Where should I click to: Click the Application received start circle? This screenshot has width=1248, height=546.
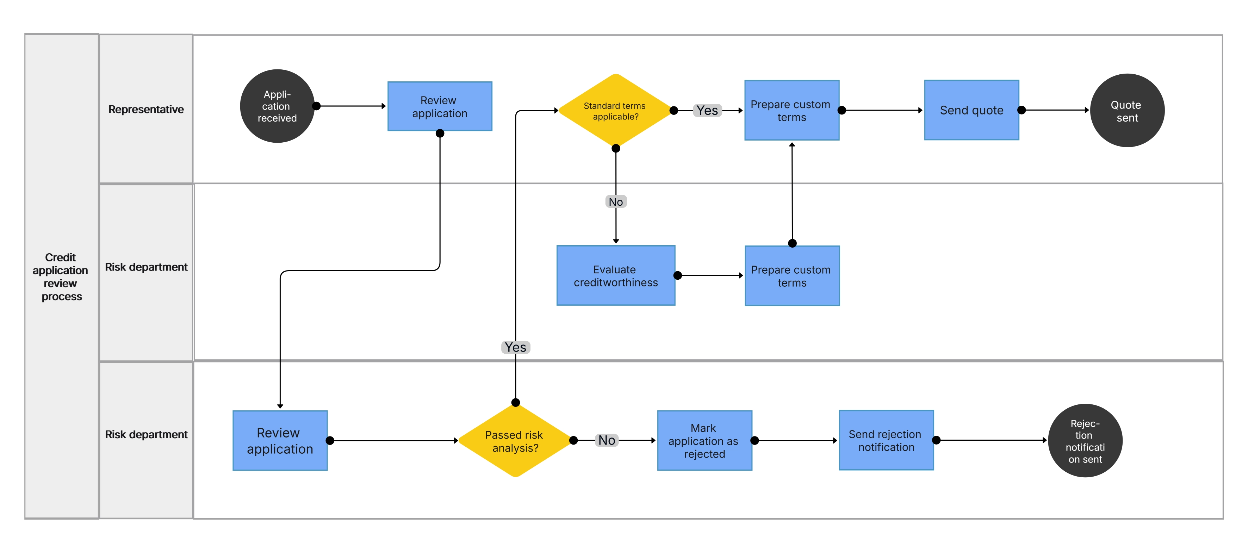(277, 106)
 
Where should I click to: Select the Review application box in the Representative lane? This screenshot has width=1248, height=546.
(439, 107)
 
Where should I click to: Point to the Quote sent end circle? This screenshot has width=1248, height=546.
(1127, 111)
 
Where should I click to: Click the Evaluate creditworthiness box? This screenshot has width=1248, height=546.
(615, 276)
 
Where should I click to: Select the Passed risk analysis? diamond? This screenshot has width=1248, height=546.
(515, 441)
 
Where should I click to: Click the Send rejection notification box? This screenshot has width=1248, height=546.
(886, 440)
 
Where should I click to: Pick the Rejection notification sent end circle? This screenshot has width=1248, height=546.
(1085, 441)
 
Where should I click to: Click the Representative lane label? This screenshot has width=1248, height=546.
(146, 110)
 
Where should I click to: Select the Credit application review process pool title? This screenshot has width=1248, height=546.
(61, 277)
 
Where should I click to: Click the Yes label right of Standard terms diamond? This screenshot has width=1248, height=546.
(707, 111)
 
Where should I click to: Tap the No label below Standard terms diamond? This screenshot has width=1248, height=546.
(616, 201)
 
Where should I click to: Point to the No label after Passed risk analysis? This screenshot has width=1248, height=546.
(607, 440)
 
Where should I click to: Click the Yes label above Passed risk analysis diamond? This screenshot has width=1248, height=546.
(515, 347)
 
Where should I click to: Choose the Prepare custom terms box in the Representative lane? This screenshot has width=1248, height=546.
(791, 111)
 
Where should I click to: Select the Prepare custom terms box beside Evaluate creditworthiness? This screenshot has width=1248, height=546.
(791, 276)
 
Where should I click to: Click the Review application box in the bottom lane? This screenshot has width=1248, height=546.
(280, 441)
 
